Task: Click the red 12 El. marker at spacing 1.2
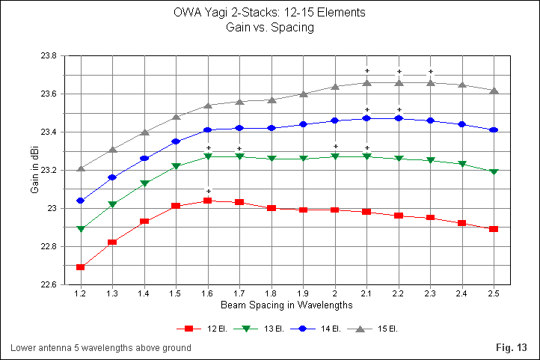pos(81,267)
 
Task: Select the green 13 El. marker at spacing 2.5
pos(494,171)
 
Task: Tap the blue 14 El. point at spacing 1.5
pos(176,141)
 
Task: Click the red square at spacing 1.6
pos(208,201)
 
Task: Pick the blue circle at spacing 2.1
pos(366,118)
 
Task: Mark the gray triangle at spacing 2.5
pos(494,90)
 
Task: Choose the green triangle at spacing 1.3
pos(112,204)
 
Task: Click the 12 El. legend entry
pos(198,329)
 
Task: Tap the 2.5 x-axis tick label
pos(494,294)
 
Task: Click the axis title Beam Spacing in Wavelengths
pos(286,306)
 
